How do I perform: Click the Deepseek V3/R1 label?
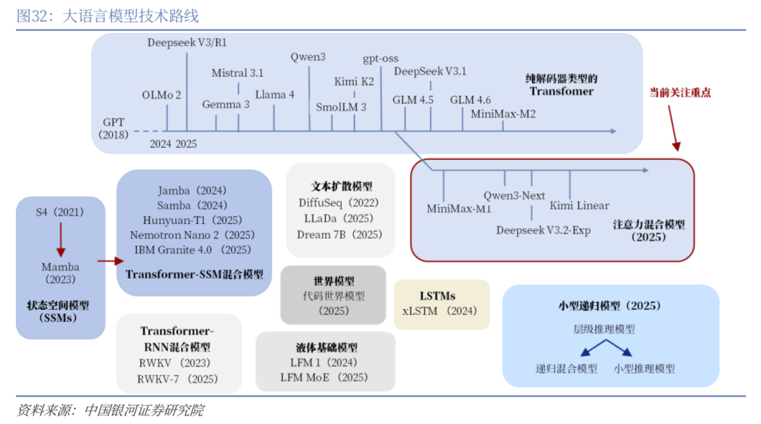[187, 42]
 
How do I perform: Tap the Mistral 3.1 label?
[237, 73]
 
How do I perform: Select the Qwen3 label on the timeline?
[308, 57]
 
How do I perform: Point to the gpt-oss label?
[380, 58]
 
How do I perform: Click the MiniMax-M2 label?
[503, 113]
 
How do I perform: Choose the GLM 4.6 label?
[470, 100]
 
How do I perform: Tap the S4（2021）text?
[60, 212]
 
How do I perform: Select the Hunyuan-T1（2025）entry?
[193, 220]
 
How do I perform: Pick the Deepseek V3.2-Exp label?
[543, 230]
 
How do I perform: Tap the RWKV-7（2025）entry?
[178, 379]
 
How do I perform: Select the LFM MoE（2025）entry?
[325, 378]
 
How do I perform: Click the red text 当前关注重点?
[680, 92]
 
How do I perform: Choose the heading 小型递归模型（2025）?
[610, 306]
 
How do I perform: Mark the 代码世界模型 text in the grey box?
[334, 297]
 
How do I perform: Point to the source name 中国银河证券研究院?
[144, 410]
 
